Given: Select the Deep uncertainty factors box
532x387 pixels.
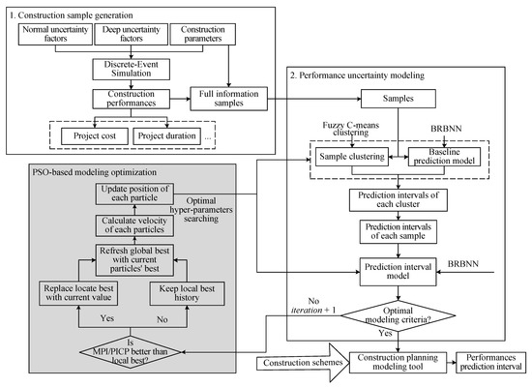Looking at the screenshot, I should tap(130, 37).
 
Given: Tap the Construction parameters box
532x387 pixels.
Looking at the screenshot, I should tap(204, 37).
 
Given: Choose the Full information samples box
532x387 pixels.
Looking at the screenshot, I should tap(228, 98).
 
